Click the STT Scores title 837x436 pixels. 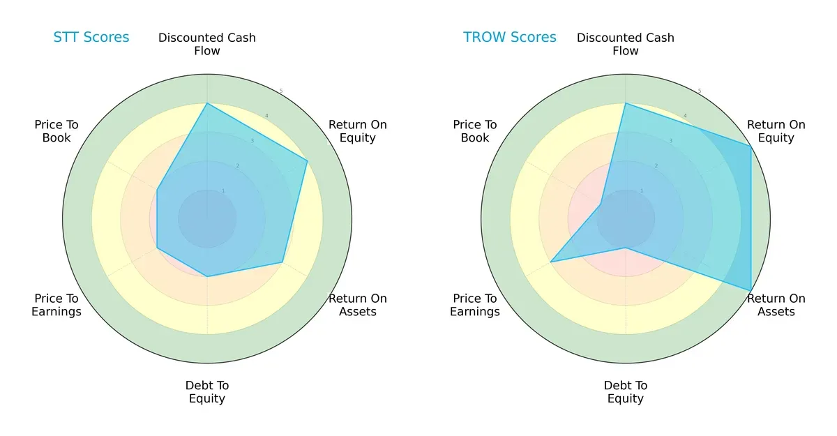click(91, 37)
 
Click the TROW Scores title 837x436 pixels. click(510, 37)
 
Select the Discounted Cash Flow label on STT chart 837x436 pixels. click(207, 44)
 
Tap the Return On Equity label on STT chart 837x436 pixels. click(358, 131)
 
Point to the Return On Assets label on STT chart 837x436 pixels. click(358, 305)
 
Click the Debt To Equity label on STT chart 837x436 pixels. click(207, 392)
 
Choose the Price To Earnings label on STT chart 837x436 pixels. click(56, 305)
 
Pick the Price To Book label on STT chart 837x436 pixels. click(56, 131)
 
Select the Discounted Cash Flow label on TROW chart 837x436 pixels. click(626, 44)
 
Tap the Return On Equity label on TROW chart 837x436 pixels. click(776, 131)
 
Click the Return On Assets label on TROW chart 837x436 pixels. click(776, 305)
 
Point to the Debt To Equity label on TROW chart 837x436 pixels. click(626, 392)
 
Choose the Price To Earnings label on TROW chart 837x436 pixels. click(475, 305)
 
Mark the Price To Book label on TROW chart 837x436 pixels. click(475, 131)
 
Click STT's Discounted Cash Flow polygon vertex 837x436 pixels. click(207, 103)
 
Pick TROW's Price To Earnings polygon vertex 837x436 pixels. click(550, 262)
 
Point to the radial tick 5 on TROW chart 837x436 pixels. click(700, 91)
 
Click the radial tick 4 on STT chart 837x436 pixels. click(266, 116)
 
